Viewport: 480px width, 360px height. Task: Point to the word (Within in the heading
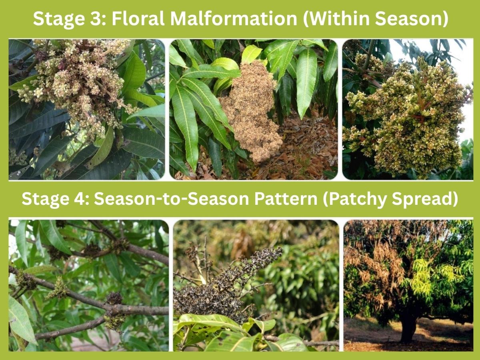tap(336, 19)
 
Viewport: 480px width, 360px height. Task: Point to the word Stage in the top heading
tap(58, 20)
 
